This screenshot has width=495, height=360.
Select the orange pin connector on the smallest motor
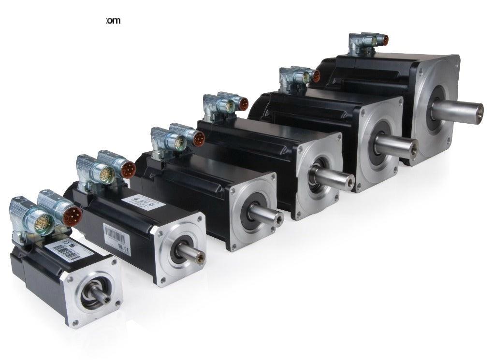point(72,215)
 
